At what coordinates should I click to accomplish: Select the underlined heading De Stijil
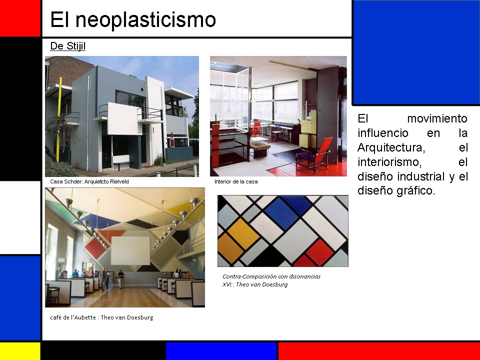[68, 46]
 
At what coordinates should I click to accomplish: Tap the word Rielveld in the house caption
[118, 181]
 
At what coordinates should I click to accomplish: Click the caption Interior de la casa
[236, 181]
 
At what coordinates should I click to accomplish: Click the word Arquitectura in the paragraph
[391, 147]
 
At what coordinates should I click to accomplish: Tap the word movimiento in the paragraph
[437, 118]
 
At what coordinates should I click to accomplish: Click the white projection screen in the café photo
[130, 250]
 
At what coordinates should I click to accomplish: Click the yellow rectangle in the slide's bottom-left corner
[19, 351]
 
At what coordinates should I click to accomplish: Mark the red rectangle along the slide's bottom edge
[378, 351]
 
